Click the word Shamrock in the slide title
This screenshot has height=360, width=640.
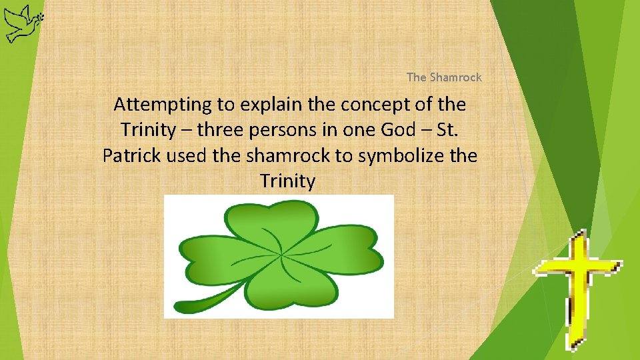455,77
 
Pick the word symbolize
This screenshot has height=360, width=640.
395,155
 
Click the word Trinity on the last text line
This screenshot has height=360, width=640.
287,181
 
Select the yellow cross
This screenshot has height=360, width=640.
577,287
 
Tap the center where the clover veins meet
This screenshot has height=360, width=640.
281,255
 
